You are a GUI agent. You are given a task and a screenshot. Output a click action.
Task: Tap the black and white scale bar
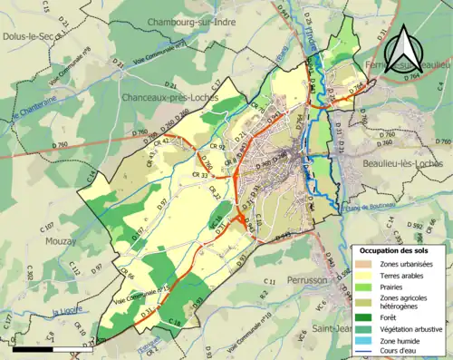coord(45,348)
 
